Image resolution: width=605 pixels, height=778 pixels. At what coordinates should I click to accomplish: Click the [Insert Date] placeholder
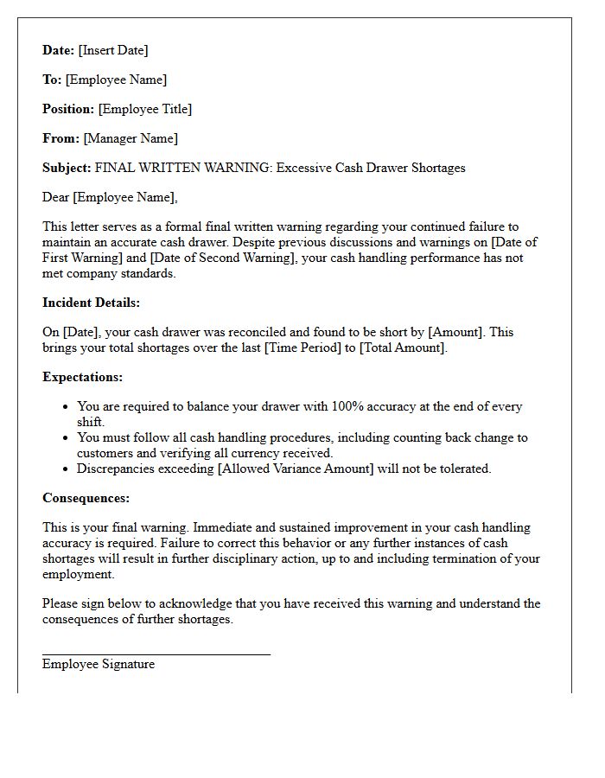click(x=113, y=50)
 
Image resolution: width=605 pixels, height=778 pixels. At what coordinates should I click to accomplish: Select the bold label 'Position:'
click(x=68, y=109)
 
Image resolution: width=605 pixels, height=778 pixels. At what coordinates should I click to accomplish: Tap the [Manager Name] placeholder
click(x=131, y=138)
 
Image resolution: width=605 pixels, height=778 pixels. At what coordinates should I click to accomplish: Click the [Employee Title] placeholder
click(x=145, y=109)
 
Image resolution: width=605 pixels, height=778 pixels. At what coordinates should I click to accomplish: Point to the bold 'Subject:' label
click(x=67, y=168)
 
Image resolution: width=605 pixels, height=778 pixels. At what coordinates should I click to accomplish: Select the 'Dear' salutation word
click(x=56, y=197)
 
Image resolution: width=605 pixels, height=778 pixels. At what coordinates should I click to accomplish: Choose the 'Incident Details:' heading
click(x=91, y=303)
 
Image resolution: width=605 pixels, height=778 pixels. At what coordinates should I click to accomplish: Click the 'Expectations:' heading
click(x=82, y=377)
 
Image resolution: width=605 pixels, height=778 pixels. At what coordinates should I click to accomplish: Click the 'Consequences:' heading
click(x=86, y=498)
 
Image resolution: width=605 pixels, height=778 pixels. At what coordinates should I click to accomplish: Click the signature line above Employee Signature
click(x=156, y=654)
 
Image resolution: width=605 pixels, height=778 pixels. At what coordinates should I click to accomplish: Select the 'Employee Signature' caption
click(x=99, y=664)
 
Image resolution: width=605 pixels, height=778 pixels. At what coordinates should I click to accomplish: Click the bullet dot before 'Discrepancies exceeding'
click(x=67, y=469)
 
